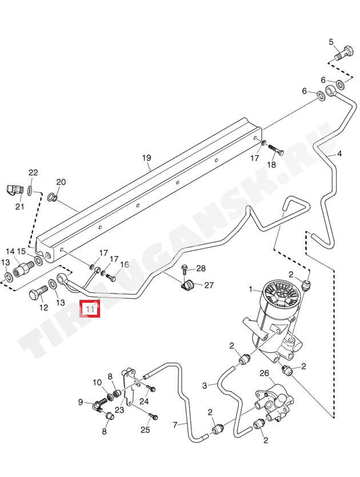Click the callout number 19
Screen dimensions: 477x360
(x=146, y=158)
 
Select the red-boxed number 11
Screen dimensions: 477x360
(x=89, y=309)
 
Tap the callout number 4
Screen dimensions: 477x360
(x=339, y=154)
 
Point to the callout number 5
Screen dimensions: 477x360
(x=331, y=42)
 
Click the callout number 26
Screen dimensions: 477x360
(x=264, y=373)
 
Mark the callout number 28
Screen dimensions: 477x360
(x=201, y=268)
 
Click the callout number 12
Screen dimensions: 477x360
(x=43, y=308)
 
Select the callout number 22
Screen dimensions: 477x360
(x=33, y=173)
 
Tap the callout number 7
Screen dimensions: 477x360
(x=175, y=424)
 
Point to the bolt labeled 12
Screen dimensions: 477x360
(x=37, y=296)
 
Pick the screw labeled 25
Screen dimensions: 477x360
(x=154, y=416)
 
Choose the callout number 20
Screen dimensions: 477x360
(x=61, y=182)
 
